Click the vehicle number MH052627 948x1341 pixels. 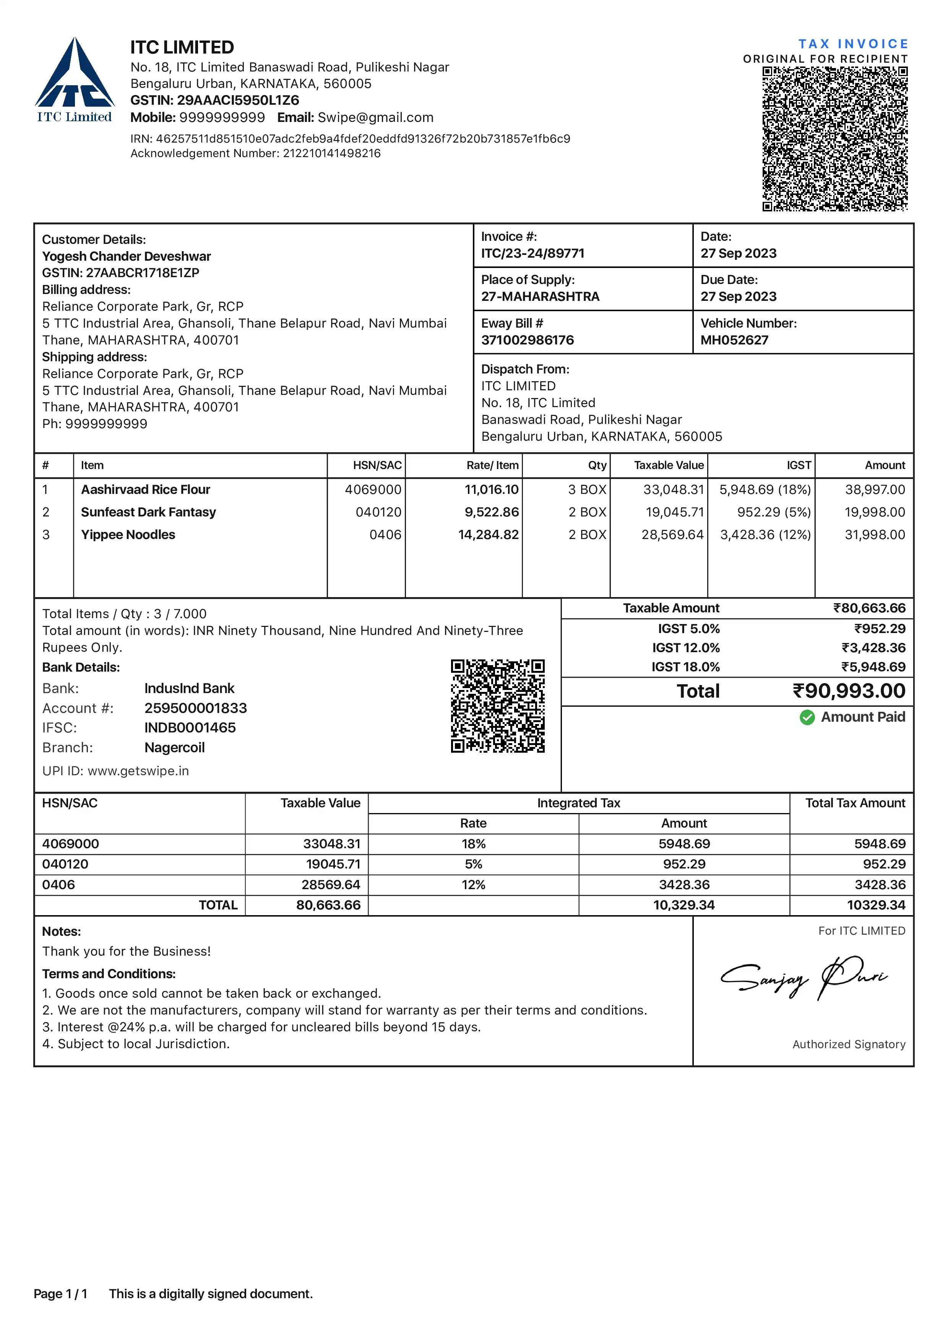tap(734, 340)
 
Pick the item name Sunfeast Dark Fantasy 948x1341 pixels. tap(148, 512)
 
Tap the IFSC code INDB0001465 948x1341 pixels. tap(190, 728)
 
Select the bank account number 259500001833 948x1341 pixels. tap(196, 708)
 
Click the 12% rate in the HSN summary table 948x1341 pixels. tap(473, 885)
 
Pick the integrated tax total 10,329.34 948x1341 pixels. tap(683, 905)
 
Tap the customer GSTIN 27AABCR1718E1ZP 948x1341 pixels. tap(142, 273)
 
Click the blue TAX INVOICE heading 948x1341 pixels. tap(853, 44)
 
